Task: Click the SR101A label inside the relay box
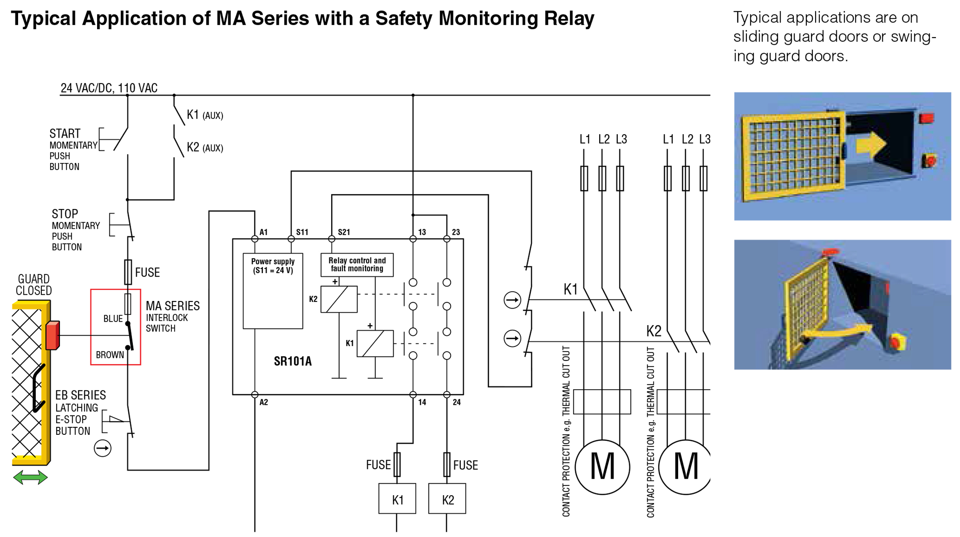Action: pos(292,361)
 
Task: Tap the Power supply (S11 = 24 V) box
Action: pos(273,291)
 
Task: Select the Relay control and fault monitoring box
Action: pos(357,265)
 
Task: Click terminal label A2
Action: pos(264,402)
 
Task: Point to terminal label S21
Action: pos(343,232)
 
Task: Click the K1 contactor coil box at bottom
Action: pos(397,499)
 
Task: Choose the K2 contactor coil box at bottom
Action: pos(447,499)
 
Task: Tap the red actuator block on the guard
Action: pos(52,335)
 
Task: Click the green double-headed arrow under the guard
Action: pos(30,477)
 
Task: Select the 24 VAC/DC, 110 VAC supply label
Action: pos(109,88)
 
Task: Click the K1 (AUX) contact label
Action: pos(205,115)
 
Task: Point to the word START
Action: pos(65,133)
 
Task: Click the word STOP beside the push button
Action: pos(65,214)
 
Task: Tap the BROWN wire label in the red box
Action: pos(110,355)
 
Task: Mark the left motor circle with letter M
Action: pos(602,467)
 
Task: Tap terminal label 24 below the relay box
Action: pos(457,402)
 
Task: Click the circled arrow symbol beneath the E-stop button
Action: pos(103,448)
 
